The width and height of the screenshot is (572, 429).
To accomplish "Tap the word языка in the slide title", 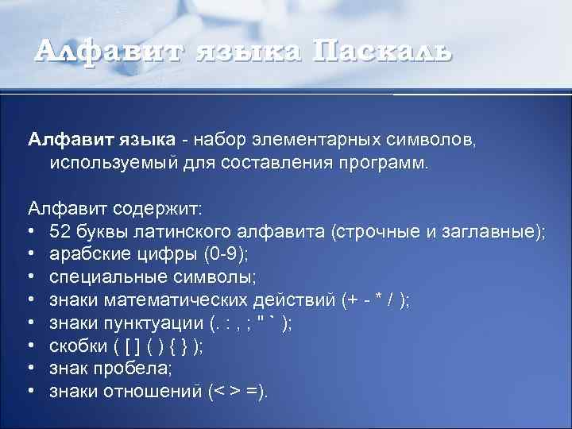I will (x=245, y=52).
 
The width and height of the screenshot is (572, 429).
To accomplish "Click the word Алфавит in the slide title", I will (x=105, y=51).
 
